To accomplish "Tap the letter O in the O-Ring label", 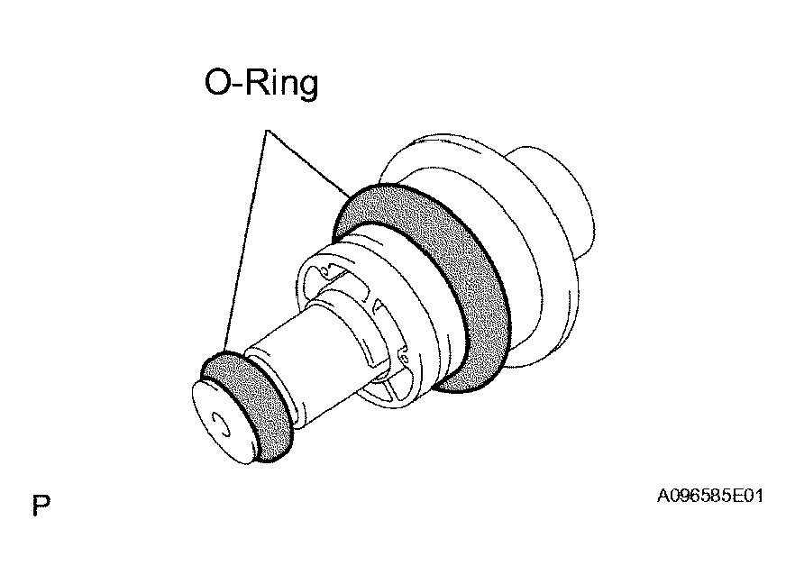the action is tap(218, 82).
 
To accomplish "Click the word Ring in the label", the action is tap(282, 84).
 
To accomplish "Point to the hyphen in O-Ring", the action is tap(239, 85).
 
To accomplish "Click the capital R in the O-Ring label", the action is tap(258, 82).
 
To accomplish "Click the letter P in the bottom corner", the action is tap(41, 505).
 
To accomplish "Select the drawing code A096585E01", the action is tap(710, 496).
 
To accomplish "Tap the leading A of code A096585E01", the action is tap(663, 496).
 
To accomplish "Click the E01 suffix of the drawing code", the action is tap(748, 496).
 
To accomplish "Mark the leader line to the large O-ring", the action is tap(308, 163).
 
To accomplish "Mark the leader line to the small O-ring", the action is tap(246, 242).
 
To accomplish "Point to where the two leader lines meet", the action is tap(267, 131).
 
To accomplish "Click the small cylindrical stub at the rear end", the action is tap(558, 197).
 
